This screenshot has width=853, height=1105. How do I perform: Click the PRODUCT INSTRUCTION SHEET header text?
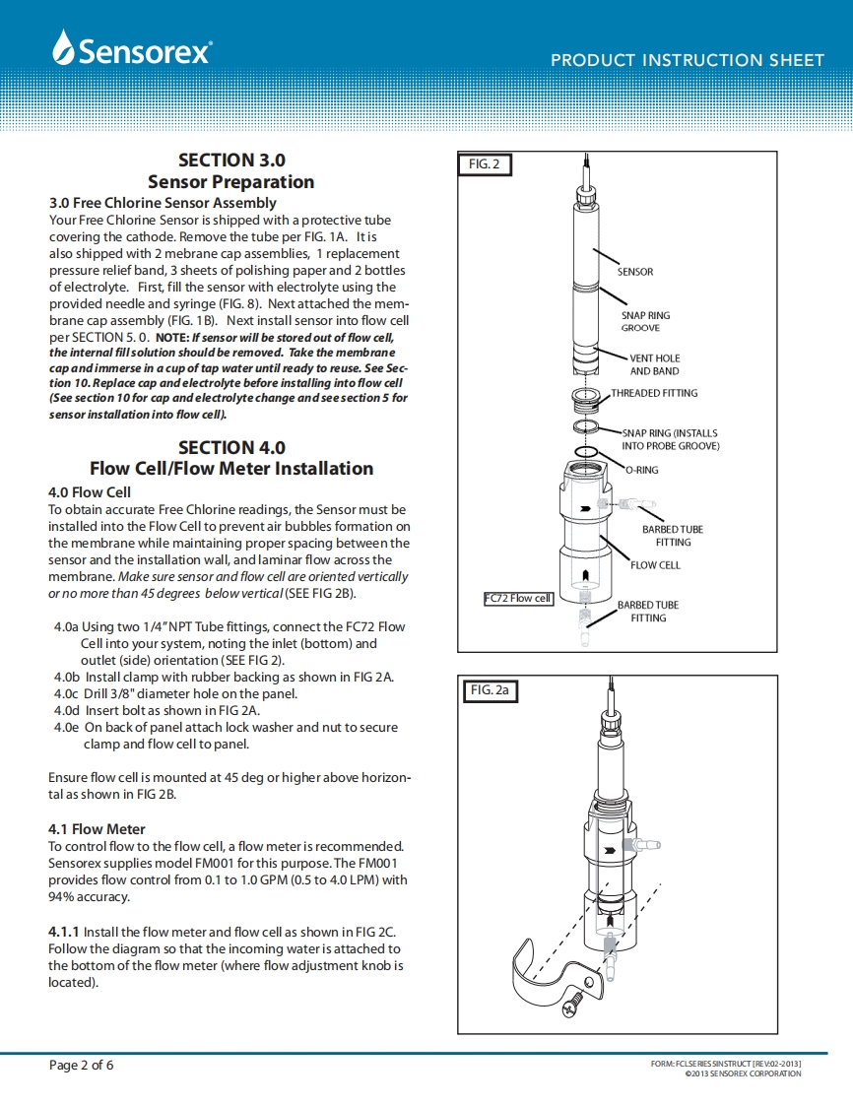[687, 60]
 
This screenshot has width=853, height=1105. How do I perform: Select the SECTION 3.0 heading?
[231, 160]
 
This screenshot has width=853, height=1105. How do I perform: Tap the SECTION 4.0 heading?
[231, 447]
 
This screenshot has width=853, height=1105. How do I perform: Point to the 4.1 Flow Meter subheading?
[97, 829]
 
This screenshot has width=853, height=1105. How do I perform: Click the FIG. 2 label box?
[484, 164]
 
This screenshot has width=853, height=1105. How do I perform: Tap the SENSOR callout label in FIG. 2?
[635, 272]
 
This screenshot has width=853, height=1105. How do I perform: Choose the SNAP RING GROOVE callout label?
[645, 322]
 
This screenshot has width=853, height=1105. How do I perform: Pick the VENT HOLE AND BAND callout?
[655, 364]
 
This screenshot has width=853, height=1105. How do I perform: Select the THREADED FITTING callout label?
[654, 393]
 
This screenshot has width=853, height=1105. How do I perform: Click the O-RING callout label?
[642, 470]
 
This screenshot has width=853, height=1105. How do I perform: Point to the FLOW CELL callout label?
[655, 565]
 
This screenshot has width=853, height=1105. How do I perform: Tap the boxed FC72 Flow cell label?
[519, 599]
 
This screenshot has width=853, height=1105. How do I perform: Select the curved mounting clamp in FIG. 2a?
[537, 975]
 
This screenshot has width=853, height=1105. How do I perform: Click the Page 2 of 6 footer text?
[82, 1066]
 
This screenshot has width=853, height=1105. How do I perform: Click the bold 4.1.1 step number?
[64, 932]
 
